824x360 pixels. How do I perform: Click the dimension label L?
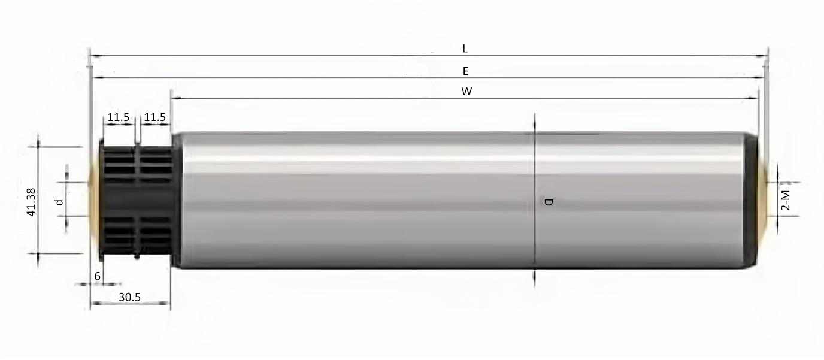[465, 49]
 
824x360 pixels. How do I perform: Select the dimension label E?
[465, 71]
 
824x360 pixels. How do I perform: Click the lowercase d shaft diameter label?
[59, 202]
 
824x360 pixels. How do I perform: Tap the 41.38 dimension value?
[31, 202]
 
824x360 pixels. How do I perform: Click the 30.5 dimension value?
[129, 297]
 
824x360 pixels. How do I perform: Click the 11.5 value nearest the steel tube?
[155, 117]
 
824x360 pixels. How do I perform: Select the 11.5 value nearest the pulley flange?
[119, 117]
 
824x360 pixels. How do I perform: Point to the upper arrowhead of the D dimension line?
[534, 119]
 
